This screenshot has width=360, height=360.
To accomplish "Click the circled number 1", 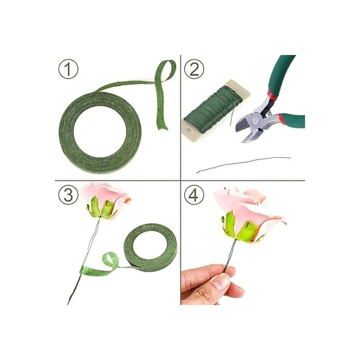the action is point(68,69).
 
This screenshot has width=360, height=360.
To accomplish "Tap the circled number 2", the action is point(194,69).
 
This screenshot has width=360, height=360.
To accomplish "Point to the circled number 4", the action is point(194,195).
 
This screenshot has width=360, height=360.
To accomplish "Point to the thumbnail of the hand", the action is point(220,280).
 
